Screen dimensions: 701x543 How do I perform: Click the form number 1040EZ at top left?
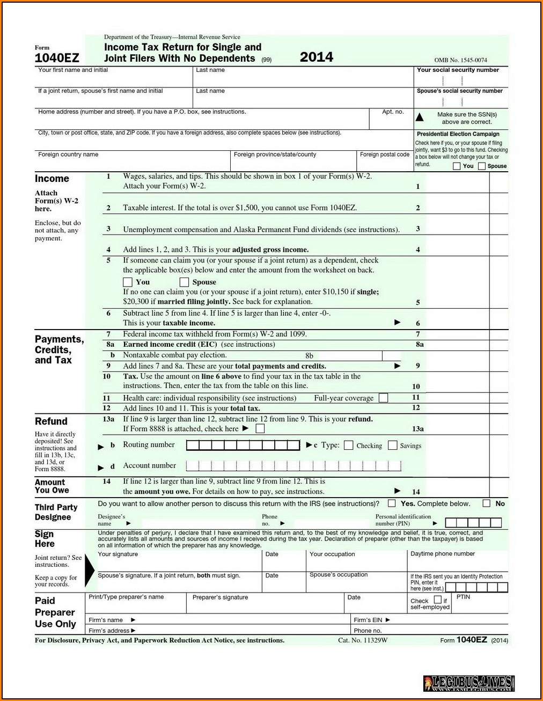point(57,57)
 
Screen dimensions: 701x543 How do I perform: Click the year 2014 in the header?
point(316,57)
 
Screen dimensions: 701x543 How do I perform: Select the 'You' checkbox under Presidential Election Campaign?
point(457,166)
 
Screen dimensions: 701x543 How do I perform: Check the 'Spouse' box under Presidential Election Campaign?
point(482,166)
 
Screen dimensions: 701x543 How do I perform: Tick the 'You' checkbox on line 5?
point(128,282)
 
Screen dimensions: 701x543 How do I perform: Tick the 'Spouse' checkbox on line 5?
point(184,282)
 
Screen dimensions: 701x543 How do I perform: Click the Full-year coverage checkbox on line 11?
point(383,398)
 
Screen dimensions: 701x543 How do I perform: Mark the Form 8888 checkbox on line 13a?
point(260,429)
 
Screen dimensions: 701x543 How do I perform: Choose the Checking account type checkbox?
point(349,446)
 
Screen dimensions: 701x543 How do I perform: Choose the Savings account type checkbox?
point(393,446)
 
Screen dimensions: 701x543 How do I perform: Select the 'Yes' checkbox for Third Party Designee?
point(392,503)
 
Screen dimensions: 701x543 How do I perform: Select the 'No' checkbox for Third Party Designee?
point(486,503)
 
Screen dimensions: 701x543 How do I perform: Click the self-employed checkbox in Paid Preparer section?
point(437,600)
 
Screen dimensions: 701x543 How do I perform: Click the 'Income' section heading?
point(52,179)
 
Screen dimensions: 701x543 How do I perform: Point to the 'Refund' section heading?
point(51,421)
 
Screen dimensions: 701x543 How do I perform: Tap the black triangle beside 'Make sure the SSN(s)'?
point(420,117)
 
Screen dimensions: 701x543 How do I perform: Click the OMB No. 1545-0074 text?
point(460,60)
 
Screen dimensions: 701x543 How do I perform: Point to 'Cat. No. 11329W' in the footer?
point(363,640)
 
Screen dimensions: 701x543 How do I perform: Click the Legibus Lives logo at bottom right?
point(468,683)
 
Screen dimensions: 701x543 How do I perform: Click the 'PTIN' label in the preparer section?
point(463,597)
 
